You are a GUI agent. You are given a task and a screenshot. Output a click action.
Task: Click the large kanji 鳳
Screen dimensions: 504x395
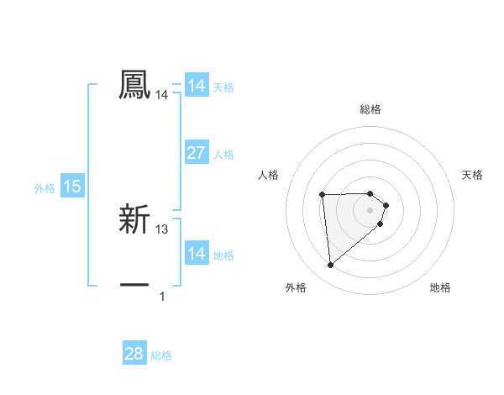(x=134, y=85)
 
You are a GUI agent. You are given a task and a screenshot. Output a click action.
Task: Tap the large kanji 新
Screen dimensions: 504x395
(x=134, y=219)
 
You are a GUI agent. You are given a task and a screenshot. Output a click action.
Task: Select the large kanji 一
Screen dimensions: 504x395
(x=134, y=285)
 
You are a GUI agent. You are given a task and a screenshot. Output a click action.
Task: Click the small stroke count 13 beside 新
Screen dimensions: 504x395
(x=162, y=229)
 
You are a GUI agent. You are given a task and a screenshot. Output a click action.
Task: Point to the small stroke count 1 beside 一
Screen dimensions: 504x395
(x=162, y=296)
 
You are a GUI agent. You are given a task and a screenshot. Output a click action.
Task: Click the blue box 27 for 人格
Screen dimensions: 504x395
(x=196, y=153)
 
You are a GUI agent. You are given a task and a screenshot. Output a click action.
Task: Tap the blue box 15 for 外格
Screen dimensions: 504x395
(x=72, y=187)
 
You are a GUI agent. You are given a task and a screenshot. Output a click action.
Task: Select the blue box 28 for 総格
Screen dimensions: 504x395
(x=134, y=354)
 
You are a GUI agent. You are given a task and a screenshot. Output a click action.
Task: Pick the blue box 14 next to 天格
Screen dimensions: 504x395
(x=196, y=86)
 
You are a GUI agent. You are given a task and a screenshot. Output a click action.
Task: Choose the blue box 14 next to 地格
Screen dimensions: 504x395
(x=196, y=254)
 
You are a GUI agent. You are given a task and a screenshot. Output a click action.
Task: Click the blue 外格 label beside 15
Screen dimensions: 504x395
(x=45, y=188)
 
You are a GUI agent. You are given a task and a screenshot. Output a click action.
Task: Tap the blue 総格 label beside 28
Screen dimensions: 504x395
(x=161, y=355)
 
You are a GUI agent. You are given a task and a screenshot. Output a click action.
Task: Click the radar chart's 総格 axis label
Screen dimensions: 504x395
(x=370, y=110)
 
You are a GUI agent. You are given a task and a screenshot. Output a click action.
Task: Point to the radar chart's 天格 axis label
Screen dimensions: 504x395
(x=472, y=175)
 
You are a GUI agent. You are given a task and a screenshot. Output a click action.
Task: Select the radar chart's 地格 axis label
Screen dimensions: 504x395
(x=440, y=287)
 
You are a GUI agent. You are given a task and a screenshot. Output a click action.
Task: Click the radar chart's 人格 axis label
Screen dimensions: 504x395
(x=269, y=175)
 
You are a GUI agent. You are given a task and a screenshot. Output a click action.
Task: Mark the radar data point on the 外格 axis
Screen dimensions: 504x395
(x=331, y=266)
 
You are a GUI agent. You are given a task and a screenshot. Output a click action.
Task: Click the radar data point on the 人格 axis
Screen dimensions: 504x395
(x=322, y=195)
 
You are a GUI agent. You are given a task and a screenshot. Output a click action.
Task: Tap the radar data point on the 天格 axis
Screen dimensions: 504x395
(x=386, y=205)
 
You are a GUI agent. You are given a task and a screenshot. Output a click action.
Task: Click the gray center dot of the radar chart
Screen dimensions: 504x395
(x=370, y=210)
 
